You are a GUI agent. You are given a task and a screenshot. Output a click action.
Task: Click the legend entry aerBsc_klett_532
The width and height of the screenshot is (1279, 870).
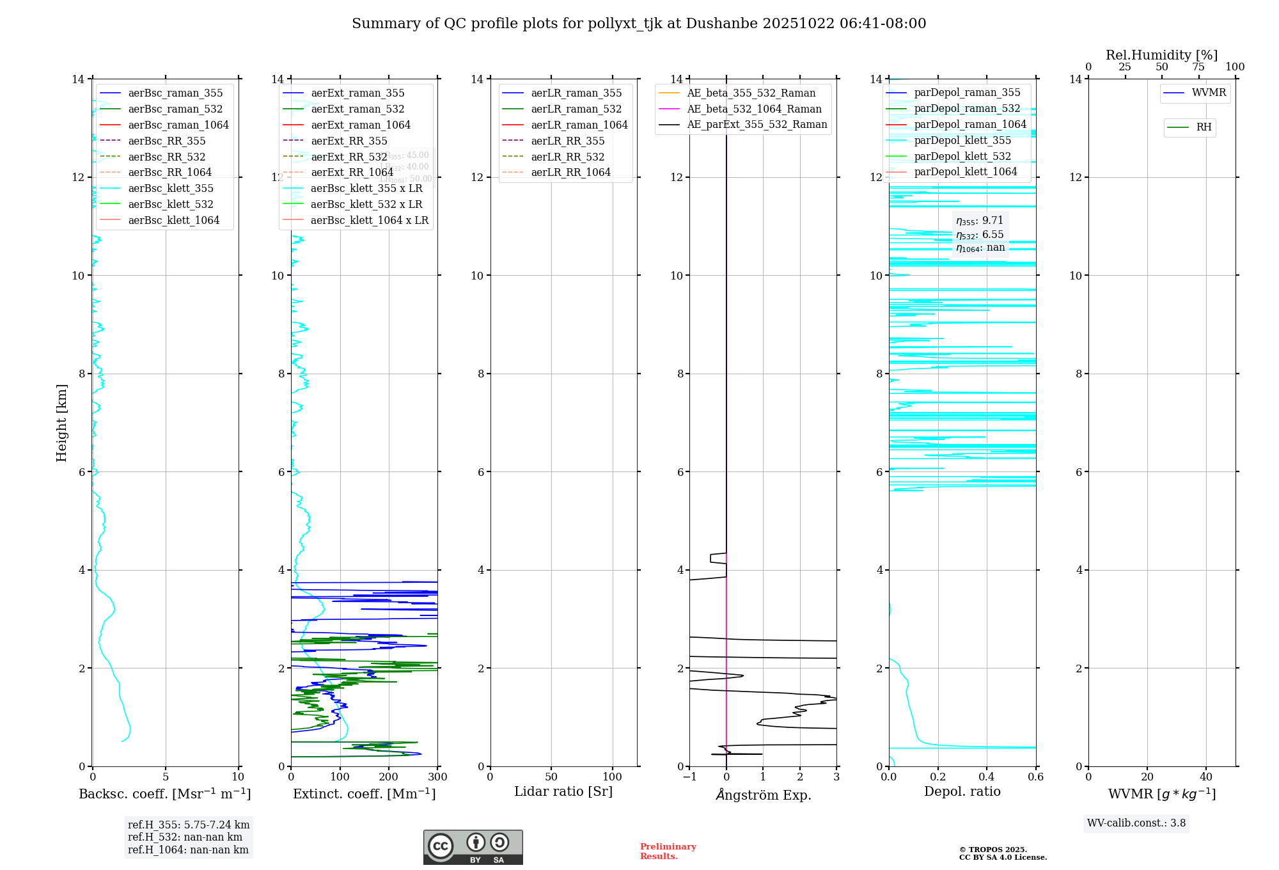coord(170,205)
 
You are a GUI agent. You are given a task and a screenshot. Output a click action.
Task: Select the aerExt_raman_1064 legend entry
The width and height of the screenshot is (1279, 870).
coord(361,125)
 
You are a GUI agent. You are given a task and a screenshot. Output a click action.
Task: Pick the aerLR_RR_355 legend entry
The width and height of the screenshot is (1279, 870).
coord(567,141)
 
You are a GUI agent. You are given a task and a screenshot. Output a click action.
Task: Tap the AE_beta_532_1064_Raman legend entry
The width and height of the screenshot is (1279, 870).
coord(754,109)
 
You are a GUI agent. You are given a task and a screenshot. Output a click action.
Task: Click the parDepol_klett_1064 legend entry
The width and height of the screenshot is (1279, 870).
coord(965,172)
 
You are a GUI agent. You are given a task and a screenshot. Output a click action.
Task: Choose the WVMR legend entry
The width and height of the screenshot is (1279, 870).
coord(1209,93)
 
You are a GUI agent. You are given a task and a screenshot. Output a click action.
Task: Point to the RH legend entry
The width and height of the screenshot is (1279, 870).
coord(1204,128)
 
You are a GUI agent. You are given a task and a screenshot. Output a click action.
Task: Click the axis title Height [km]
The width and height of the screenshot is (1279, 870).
coord(61,423)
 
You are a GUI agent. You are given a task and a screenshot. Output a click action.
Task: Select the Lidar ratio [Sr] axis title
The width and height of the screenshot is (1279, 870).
coord(563,792)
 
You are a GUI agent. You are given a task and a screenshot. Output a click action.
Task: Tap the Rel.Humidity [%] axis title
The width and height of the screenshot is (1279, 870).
coord(1161,56)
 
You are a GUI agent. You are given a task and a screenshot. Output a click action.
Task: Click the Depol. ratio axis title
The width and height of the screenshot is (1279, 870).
coord(962,792)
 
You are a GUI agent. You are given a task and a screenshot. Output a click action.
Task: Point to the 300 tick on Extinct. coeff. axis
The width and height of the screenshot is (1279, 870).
coord(438,777)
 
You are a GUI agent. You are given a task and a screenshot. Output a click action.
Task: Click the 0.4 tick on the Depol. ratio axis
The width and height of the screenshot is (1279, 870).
coord(987,777)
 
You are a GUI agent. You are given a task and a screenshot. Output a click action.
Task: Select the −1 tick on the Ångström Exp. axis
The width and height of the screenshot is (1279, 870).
coord(689,777)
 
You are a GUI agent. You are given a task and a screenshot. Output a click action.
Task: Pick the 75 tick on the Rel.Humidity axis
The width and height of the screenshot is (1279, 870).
coord(1198,67)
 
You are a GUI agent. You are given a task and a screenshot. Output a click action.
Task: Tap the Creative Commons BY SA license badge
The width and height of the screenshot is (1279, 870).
coord(473,847)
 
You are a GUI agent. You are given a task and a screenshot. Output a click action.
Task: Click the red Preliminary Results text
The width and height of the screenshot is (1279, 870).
coord(668,851)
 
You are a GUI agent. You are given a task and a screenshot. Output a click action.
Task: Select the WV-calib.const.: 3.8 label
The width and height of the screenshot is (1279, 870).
coord(1136,823)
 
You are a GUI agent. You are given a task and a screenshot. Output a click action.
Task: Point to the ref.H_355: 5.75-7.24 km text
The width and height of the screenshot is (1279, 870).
coord(189,825)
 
